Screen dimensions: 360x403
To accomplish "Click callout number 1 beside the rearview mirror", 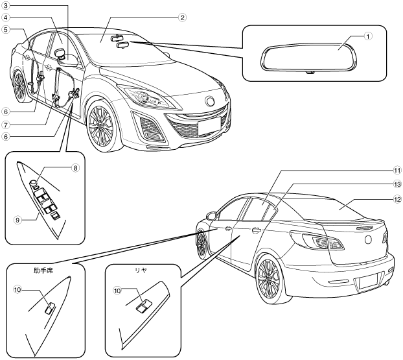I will (x=367, y=36).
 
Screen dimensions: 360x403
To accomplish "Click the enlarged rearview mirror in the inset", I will (x=305, y=57).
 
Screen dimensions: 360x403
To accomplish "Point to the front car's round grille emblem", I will (x=211, y=101).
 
